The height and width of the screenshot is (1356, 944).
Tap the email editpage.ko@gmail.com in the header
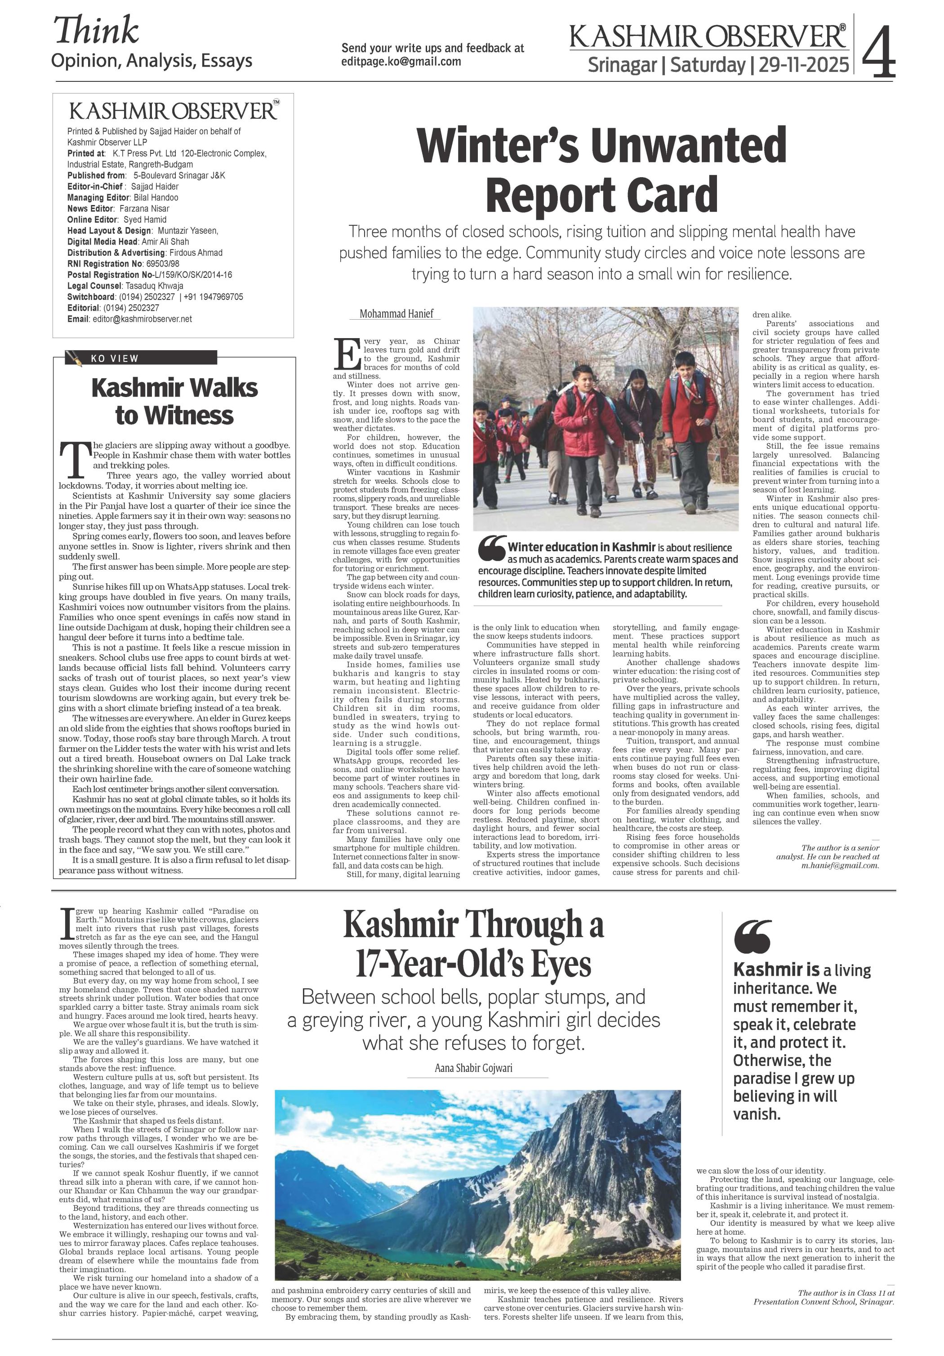[x=401, y=62]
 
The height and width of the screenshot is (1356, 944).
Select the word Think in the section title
[x=97, y=31]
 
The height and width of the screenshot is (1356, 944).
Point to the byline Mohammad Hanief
[x=396, y=314]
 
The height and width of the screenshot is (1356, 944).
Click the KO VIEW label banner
[x=142, y=358]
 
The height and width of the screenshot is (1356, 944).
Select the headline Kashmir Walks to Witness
[x=174, y=401]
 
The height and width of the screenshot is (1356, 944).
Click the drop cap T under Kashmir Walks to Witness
[x=74, y=459]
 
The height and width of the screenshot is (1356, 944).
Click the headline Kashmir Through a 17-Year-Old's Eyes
[x=473, y=944]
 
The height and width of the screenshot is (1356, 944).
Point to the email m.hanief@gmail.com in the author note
[x=840, y=865]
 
